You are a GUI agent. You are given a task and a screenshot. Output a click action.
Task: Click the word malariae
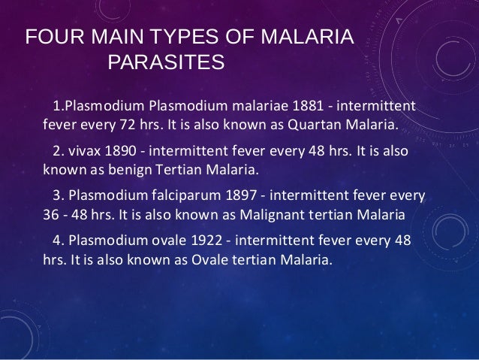click(252, 103)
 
